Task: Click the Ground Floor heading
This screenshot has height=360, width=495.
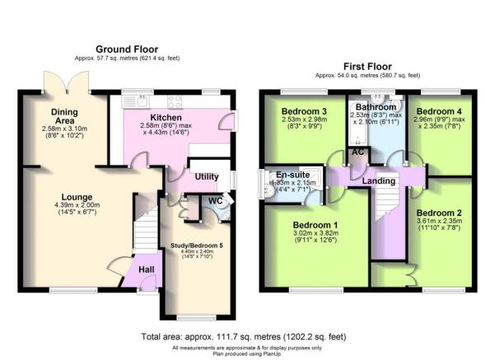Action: click(x=127, y=49)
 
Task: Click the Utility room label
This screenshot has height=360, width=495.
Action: click(x=206, y=176)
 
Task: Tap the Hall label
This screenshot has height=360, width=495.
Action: click(x=147, y=269)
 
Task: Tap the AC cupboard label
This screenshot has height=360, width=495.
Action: click(x=357, y=152)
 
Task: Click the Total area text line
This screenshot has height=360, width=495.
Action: click(x=244, y=337)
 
